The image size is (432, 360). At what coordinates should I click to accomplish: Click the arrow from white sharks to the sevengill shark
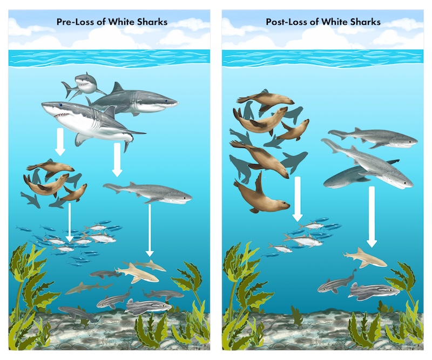point(117,160)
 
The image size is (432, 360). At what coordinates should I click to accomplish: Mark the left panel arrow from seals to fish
point(69,221)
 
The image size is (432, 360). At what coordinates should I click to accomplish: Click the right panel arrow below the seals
point(297,200)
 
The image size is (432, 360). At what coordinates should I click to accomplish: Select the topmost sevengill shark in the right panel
point(373,138)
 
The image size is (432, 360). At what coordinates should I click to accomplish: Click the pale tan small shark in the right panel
point(366,257)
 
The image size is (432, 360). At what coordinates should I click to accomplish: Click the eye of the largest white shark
point(60,104)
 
